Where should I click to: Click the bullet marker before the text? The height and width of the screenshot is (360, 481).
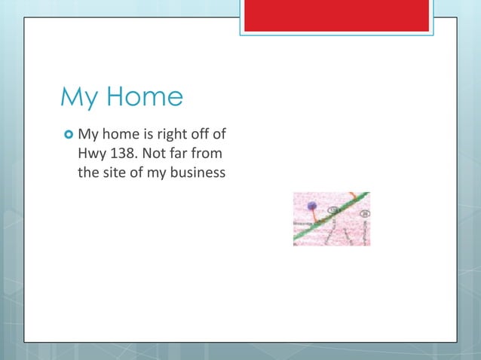click(x=68, y=136)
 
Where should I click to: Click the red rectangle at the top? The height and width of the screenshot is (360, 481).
click(x=336, y=15)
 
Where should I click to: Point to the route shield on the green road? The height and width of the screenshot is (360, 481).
click(x=332, y=211)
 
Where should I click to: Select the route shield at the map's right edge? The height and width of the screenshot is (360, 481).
click(x=365, y=214)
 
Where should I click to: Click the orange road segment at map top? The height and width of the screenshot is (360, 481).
click(x=354, y=197)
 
